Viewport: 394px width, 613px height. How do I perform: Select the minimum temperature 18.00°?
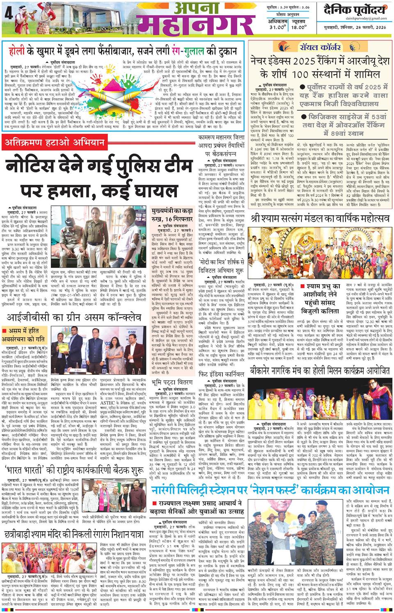click(x=303, y=27)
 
